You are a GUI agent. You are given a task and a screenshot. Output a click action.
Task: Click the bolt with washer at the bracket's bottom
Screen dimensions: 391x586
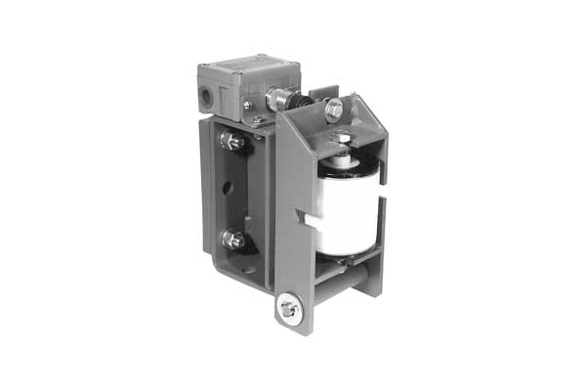(288, 310)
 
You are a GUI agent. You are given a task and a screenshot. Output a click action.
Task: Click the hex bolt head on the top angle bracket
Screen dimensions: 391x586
(335, 109)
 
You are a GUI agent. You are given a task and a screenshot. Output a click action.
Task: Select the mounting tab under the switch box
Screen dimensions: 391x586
(256, 120)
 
